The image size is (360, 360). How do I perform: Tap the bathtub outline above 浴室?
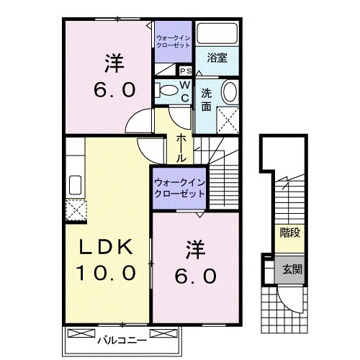[217, 35]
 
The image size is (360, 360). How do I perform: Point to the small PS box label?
[184, 71]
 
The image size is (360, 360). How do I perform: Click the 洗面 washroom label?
[207, 99]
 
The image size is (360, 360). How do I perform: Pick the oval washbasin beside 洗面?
[228, 92]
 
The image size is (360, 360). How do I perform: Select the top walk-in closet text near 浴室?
[173, 40]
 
